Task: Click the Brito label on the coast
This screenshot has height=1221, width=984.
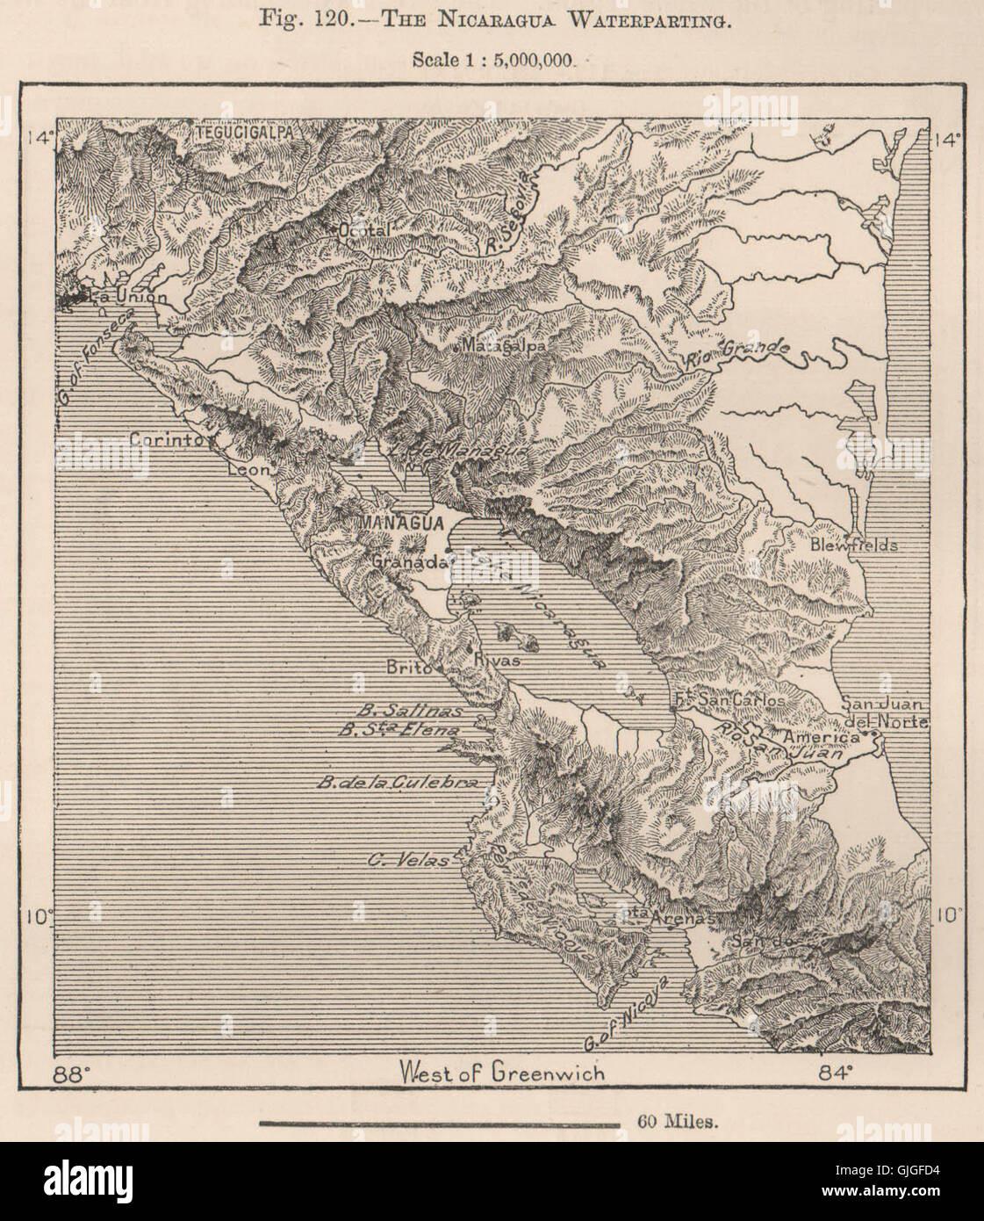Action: [408, 667]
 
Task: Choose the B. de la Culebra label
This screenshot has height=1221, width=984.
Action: [397, 782]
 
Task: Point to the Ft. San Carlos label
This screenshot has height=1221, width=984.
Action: [728, 701]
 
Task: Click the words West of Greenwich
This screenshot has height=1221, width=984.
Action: [501, 1073]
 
